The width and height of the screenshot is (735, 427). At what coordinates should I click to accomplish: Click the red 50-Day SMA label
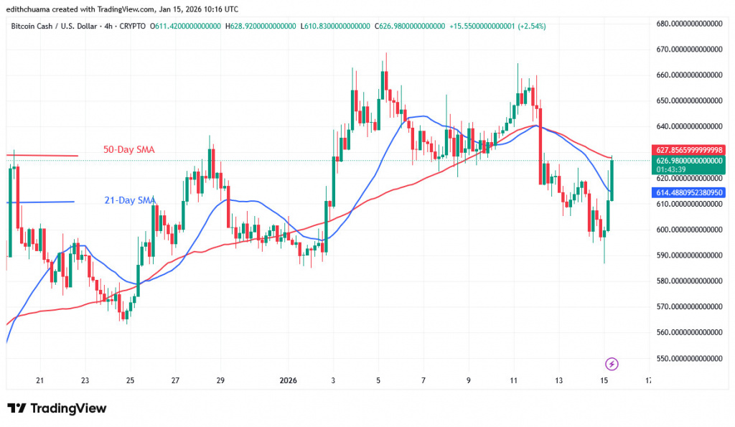[128, 149]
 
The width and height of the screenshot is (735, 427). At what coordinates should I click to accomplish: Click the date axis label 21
[40, 380]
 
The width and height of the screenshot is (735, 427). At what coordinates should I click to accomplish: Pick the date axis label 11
[513, 380]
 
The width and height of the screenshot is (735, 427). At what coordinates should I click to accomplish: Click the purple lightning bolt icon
[612, 364]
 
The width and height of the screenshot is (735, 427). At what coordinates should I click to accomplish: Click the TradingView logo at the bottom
[57, 408]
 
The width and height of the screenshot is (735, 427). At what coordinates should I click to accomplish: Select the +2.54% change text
[528, 27]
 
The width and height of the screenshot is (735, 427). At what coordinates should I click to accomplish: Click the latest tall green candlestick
[612, 180]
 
